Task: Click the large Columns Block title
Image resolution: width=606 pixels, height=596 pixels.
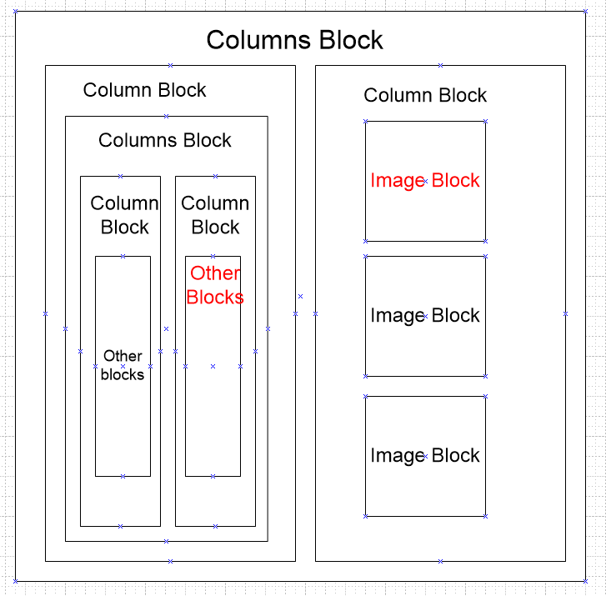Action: click(295, 40)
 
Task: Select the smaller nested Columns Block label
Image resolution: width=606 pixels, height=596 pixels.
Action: click(165, 140)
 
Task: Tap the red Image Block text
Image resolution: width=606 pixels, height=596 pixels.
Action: click(425, 180)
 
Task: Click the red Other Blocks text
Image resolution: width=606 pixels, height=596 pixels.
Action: click(215, 285)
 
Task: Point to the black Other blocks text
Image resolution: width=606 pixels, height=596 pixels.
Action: click(123, 365)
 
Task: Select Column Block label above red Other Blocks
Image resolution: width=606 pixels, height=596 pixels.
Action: click(215, 215)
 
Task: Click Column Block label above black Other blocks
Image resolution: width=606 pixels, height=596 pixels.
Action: click(124, 215)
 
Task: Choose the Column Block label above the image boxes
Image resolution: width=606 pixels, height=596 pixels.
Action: click(425, 95)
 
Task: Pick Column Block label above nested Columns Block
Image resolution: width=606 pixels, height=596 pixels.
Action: click(144, 90)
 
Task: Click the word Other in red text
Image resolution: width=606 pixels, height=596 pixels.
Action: click(215, 273)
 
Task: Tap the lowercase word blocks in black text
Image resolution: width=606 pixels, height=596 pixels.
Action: click(123, 375)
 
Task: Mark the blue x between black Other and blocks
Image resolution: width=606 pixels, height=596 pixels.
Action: click(123, 366)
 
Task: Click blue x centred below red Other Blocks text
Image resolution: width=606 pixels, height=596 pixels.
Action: click(213, 366)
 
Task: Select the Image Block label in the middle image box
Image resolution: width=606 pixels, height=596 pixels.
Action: click(425, 316)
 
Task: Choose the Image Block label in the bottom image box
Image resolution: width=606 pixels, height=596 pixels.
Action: click(425, 456)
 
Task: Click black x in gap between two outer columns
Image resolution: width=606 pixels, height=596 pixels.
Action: click(301, 296)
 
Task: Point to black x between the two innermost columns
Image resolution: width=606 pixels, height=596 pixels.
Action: click(166, 328)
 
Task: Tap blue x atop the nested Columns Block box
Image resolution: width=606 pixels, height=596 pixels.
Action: click(166, 116)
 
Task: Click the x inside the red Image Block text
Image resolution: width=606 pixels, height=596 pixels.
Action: click(425, 180)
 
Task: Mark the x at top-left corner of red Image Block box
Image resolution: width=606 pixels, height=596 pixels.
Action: click(365, 121)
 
